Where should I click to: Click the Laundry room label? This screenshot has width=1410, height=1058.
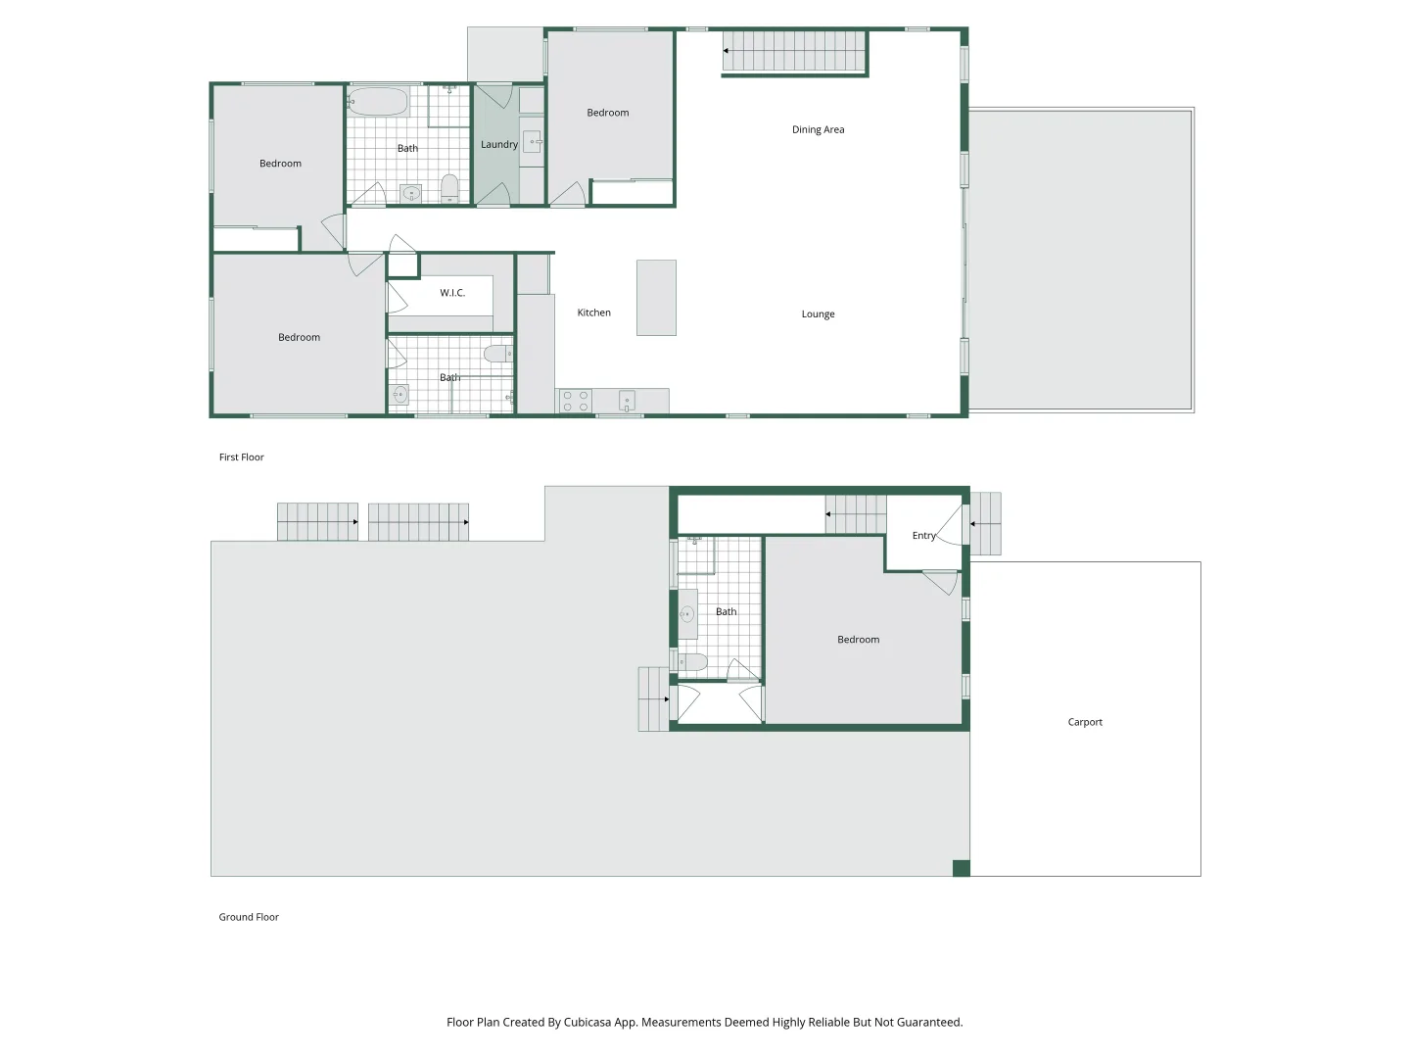(x=498, y=145)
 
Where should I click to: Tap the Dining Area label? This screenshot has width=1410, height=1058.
(x=818, y=129)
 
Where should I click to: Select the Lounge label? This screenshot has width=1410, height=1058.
(x=818, y=314)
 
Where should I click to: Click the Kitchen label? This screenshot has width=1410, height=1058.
(x=593, y=313)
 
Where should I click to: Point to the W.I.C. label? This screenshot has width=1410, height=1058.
(x=451, y=293)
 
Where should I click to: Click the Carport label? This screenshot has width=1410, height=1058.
(x=1084, y=722)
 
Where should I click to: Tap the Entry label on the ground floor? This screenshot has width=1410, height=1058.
(x=923, y=536)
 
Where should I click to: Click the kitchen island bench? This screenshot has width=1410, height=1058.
(x=656, y=298)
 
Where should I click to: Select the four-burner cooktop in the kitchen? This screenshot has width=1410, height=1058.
(x=576, y=401)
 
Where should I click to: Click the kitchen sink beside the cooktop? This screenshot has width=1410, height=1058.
(x=627, y=401)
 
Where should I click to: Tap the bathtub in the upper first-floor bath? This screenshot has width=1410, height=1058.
(x=378, y=102)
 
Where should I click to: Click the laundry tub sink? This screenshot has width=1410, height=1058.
(x=532, y=142)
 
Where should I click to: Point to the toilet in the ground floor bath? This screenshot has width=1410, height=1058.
(x=692, y=662)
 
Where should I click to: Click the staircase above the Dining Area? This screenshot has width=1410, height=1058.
(x=795, y=51)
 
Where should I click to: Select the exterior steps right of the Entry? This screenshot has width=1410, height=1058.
(x=985, y=524)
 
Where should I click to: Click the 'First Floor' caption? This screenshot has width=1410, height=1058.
(x=241, y=457)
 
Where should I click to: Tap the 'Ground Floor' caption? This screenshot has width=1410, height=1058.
(x=249, y=917)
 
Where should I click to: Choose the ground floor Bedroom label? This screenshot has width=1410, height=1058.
(x=858, y=640)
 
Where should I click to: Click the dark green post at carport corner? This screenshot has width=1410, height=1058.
(x=961, y=868)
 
